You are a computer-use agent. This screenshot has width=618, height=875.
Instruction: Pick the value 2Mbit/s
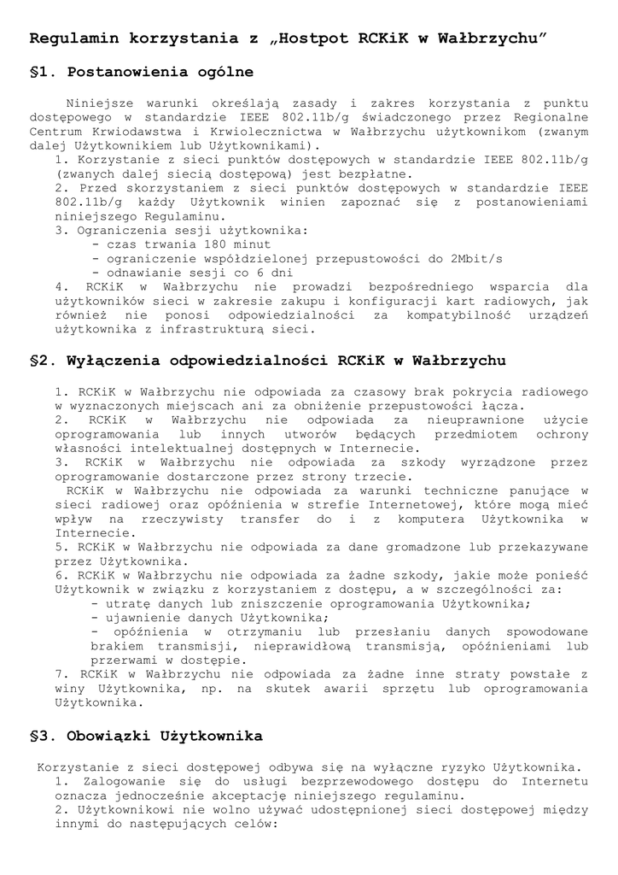[x=476, y=258]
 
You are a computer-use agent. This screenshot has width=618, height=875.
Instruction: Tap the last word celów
[x=258, y=825]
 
